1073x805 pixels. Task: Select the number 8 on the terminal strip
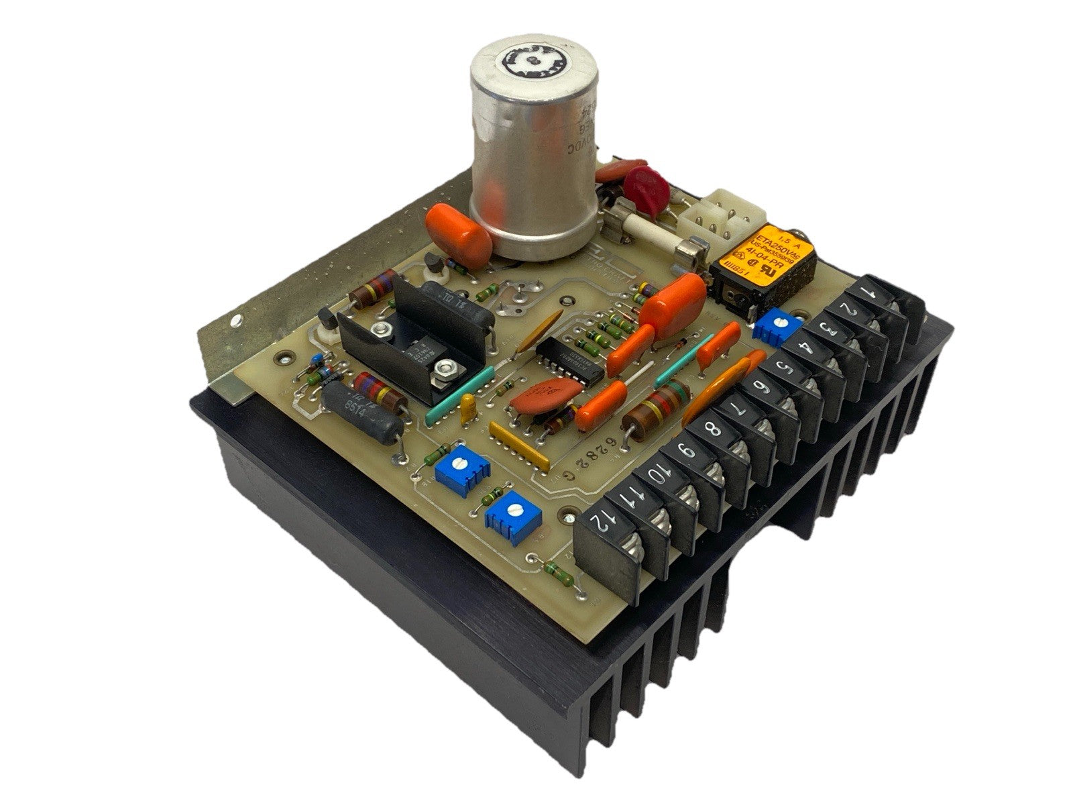pyautogui.click(x=712, y=430)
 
